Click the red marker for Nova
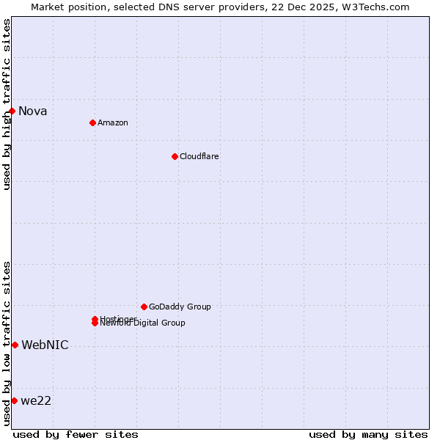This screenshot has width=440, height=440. [x=12, y=111]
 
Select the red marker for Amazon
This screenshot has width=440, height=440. [x=92, y=122]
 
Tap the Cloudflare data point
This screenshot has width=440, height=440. [x=175, y=156]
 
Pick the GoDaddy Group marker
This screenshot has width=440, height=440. [x=144, y=307]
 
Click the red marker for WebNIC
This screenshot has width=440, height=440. [x=15, y=345]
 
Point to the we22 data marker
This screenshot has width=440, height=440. [x=14, y=400]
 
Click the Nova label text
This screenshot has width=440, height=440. [x=32, y=111]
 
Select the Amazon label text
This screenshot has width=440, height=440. [x=112, y=122]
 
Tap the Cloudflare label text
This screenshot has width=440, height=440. [x=199, y=156]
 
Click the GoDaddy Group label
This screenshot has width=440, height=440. [x=180, y=307]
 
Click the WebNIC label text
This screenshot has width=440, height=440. [x=45, y=345]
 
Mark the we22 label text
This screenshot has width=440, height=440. [x=36, y=401]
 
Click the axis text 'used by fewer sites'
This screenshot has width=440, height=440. [x=76, y=434]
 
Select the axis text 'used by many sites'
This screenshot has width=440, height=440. [x=368, y=434]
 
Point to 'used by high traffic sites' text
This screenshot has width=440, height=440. [x=7, y=104]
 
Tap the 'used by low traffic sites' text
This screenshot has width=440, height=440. [x=7, y=343]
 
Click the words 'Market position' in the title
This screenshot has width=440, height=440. [x=65, y=7]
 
